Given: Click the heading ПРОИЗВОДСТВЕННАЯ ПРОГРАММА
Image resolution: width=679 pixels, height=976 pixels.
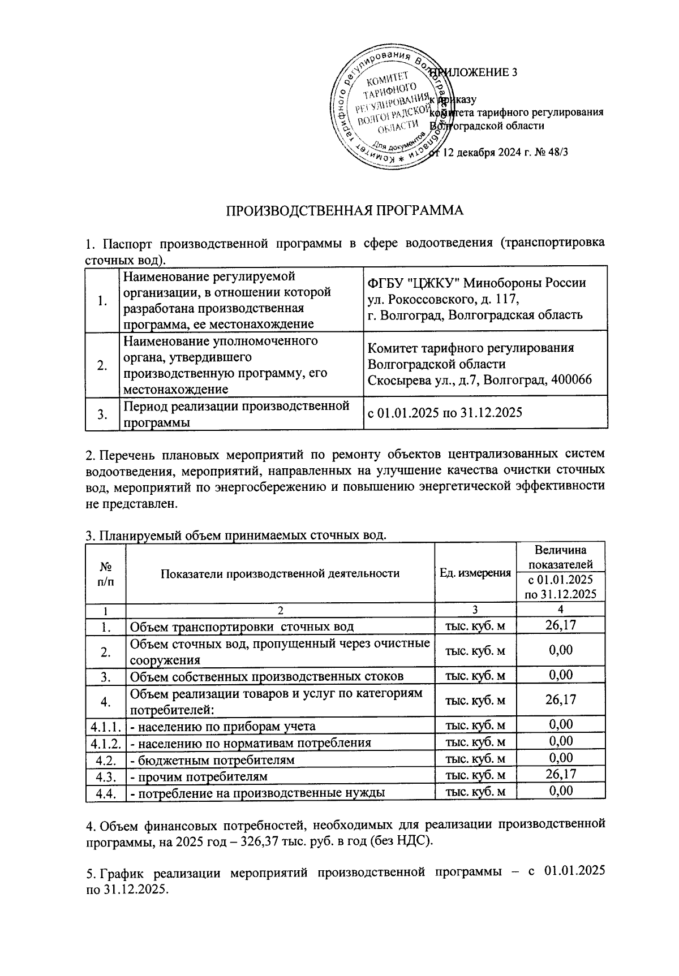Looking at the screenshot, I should tap(345, 211).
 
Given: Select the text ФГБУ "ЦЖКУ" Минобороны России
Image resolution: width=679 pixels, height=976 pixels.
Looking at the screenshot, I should tap(476, 283).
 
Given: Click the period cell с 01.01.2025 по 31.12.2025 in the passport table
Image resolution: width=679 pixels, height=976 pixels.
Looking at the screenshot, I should tap(445, 413).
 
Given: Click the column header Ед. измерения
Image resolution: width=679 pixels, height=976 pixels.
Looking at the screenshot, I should tap(475, 573).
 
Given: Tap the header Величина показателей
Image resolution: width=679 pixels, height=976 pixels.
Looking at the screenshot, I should tap(560, 556).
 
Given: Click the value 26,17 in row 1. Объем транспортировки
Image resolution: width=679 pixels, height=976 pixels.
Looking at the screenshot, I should tap(560, 625).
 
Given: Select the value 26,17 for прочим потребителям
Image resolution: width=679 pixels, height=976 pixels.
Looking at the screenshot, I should tap(560, 775).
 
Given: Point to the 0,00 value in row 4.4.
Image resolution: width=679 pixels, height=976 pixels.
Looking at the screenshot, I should tap(560, 791).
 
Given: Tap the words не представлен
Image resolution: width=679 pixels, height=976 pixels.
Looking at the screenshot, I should tap(131, 504).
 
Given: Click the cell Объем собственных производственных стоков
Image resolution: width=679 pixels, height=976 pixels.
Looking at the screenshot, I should tap(267, 677).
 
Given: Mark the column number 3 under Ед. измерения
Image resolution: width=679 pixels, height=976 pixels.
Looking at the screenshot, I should tap(475, 610).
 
